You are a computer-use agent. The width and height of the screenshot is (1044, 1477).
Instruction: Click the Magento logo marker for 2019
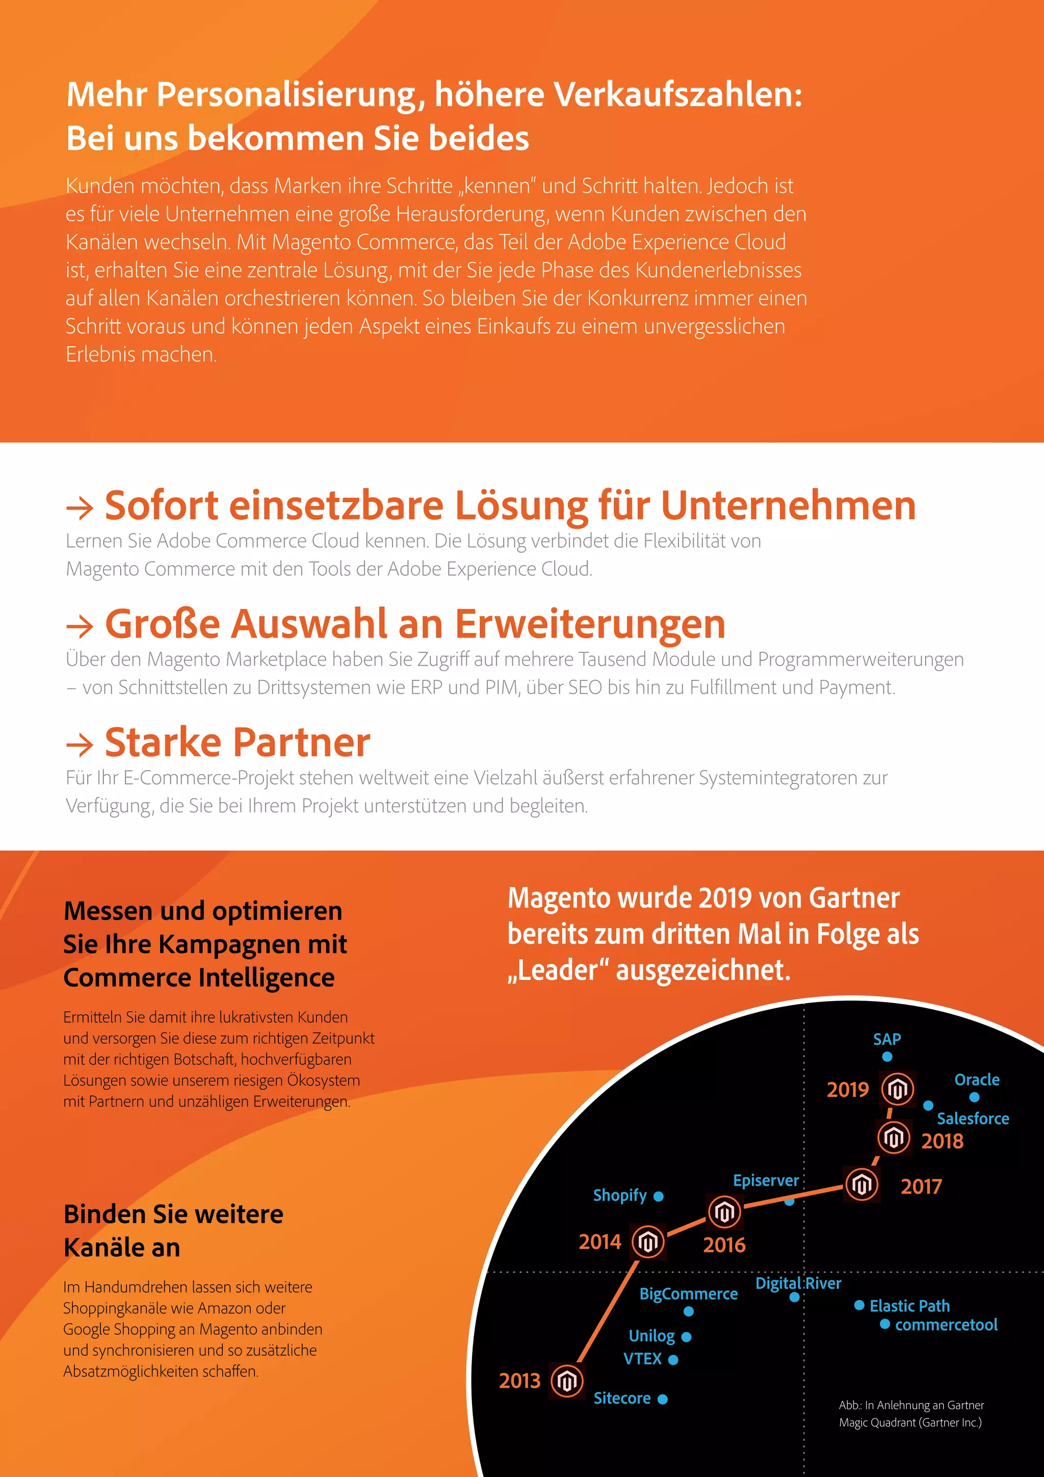[897, 1089]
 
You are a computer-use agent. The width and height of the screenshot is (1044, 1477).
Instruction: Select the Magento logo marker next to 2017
[862, 1184]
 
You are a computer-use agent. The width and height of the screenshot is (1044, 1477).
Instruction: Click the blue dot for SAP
[887, 1056]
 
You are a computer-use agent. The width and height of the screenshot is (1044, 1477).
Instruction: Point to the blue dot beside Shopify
[658, 1196]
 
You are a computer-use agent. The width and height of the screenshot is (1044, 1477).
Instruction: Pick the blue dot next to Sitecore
[663, 1398]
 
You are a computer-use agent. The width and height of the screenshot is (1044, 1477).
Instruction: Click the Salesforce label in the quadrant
[973, 1118]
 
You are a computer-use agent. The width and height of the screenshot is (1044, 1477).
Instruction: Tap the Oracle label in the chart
[977, 1080]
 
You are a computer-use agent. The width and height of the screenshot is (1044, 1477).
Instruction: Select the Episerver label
[766, 1181]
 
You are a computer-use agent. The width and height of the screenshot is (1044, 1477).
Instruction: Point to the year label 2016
[724, 1245]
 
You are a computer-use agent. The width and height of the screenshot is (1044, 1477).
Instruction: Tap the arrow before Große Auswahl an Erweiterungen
[80, 625]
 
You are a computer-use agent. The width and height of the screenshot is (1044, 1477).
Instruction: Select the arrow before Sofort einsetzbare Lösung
[80, 507]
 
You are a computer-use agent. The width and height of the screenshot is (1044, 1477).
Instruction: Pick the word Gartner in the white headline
[854, 898]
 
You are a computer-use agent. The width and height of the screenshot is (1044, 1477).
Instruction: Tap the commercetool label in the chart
[946, 1325]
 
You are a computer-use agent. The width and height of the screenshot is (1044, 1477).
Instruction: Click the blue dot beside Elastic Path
[859, 1305]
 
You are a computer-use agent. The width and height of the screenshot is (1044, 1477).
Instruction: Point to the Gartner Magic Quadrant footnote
[910, 1413]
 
